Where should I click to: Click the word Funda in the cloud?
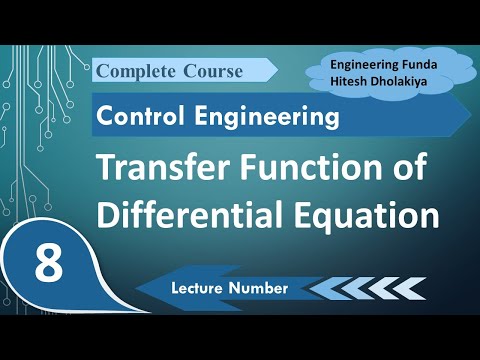pos(420,63)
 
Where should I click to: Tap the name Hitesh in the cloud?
pos(354,81)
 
